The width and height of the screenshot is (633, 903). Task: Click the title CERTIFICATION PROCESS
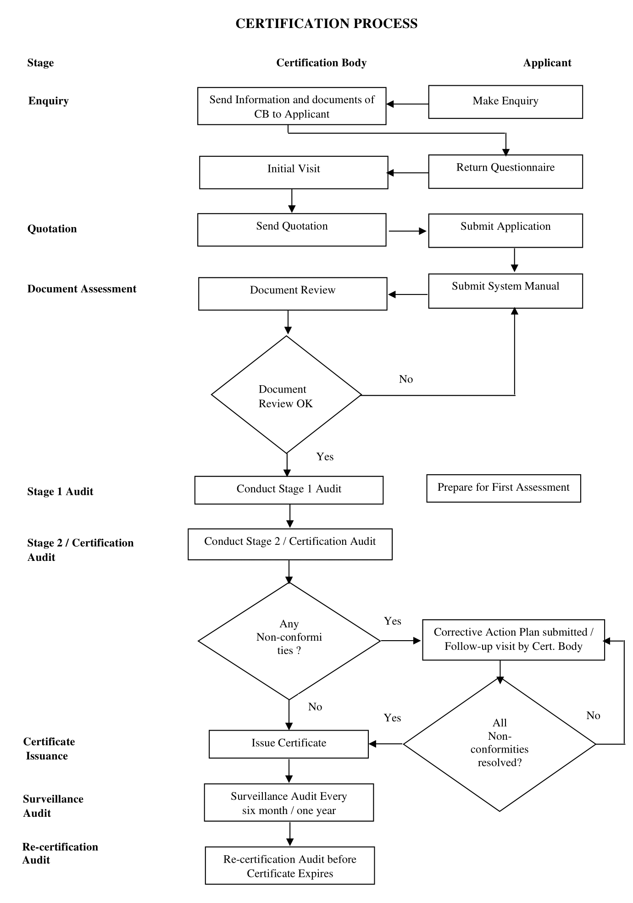click(x=326, y=24)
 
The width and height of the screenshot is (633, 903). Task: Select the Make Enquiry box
click(x=505, y=102)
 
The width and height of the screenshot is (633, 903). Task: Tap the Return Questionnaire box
click(x=505, y=172)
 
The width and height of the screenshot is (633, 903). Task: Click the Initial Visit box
click(x=294, y=172)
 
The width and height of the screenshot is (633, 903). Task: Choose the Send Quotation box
click(x=292, y=230)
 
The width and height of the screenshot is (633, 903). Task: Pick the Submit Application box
click(x=505, y=231)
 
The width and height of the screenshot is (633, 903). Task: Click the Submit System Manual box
click(x=505, y=291)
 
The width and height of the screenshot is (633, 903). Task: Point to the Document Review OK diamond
click(x=287, y=395)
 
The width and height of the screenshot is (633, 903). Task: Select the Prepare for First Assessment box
click(x=504, y=488)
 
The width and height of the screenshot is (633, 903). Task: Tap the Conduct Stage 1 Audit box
click(x=289, y=490)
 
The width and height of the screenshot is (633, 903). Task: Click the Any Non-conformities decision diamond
click(x=289, y=641)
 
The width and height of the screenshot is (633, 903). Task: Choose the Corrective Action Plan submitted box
click(x=514, y=640)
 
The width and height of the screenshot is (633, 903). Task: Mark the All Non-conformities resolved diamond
click(x=500, y=744)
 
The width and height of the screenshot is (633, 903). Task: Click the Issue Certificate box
click(x=289, y=744)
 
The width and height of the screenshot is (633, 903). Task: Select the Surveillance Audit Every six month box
click(x=289, y=803)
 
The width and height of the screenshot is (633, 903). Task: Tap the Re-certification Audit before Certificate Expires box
click(x=290, y=865)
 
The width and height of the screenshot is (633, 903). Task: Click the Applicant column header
click(x=547, y=63)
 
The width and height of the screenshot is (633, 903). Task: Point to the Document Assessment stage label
click(x=82, y=289)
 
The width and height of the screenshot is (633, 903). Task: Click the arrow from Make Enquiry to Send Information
click(x=407, y=104)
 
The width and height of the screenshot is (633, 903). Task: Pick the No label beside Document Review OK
click(x=406, y=379)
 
